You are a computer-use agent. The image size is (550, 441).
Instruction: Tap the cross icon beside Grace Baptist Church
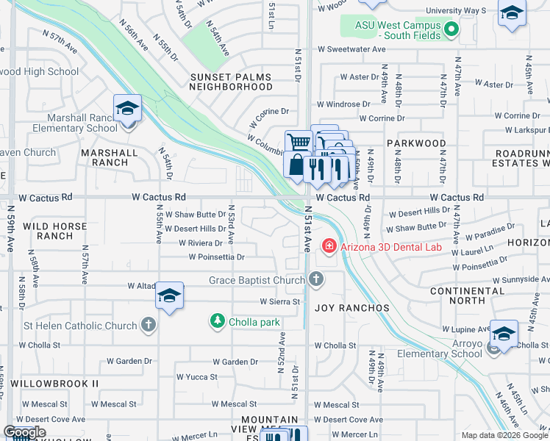[316, 279]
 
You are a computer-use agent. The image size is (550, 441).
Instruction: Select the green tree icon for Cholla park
[217, 321]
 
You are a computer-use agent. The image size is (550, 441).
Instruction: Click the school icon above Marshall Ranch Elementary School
[127, 109]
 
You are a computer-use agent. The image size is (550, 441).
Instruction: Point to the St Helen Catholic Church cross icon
[148, 325]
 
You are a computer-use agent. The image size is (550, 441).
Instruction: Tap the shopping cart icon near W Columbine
[298, 141]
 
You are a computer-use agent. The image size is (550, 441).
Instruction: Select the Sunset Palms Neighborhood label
[230, 82]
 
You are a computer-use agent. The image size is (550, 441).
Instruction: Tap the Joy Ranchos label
[342, 308]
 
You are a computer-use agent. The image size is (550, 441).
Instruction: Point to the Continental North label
[468, 295]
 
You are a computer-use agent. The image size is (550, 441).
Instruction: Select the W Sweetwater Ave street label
[351, 49]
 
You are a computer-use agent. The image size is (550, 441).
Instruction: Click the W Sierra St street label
[280, 301]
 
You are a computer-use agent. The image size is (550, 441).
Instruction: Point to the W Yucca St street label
[197, 377]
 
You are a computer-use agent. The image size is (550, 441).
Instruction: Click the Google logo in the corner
[24, 432]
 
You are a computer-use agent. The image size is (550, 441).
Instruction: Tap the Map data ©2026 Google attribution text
[504, 435]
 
